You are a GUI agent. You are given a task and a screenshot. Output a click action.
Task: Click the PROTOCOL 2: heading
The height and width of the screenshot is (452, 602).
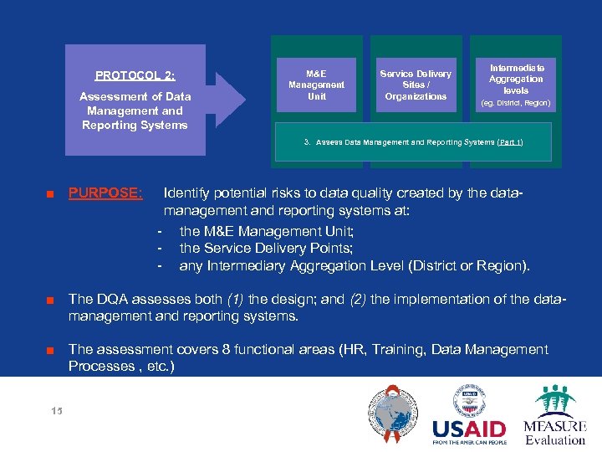[x=135, y=75]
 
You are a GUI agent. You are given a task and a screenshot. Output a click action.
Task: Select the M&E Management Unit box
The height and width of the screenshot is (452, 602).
[x=316, y=85]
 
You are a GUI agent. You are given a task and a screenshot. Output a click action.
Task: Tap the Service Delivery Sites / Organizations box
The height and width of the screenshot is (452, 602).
[x=416, y=85]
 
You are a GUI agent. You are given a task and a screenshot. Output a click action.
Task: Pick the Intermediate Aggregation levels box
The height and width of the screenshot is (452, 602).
[x=516, y=84]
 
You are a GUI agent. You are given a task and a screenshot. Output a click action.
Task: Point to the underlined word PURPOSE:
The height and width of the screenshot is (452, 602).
[x=105, y=193]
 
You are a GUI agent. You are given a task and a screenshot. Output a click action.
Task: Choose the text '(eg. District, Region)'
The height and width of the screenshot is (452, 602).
[x=516, y=103]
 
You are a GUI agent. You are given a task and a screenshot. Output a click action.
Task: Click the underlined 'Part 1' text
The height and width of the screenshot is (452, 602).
[x=509, y=142]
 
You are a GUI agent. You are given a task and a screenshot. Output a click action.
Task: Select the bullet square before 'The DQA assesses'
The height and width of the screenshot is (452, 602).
[x=50, y=300]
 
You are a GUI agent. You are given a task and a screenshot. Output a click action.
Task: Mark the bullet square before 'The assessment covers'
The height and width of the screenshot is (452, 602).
[x=50, y=350]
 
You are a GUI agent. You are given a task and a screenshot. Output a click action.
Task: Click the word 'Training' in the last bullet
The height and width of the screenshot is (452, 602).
[x=391, y=349]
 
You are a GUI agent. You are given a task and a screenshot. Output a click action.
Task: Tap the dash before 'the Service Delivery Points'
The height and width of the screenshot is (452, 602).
[x=159, y=249]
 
